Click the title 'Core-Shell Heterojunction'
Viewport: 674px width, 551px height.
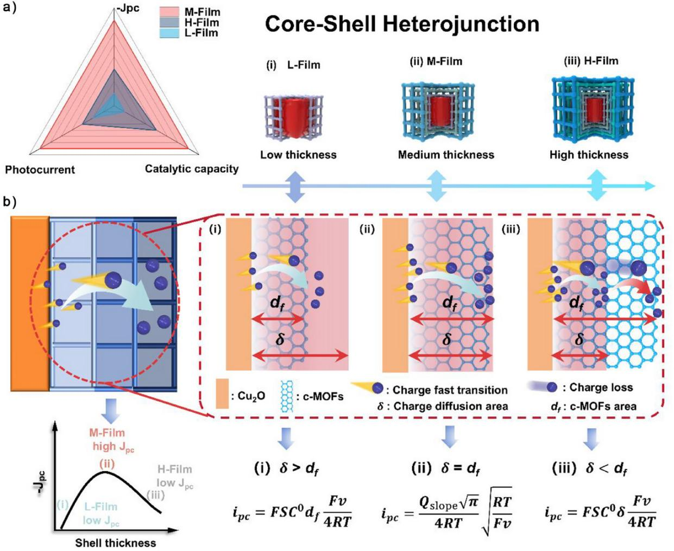402,24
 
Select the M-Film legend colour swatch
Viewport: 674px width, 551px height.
172,12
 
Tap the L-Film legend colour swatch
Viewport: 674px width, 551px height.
172,33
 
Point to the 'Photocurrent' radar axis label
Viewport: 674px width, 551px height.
40,170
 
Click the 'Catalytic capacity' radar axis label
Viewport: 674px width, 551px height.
192,168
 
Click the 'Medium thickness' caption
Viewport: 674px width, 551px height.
446,154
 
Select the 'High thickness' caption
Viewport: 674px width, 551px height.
589,154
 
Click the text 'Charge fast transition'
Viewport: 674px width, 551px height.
450,390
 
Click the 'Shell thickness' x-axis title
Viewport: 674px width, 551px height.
115,542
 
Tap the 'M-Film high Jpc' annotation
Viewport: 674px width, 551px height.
108,440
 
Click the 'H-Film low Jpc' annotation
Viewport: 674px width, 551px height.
175,475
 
